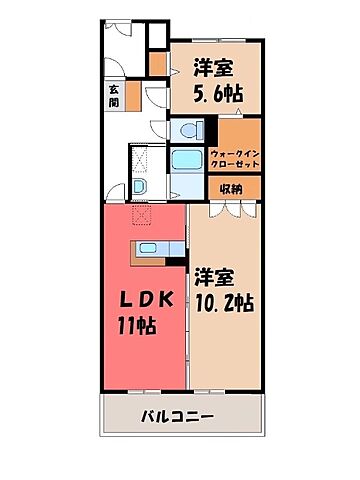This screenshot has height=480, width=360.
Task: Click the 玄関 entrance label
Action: click(114, 95)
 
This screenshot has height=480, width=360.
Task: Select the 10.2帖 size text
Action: click(223, 303)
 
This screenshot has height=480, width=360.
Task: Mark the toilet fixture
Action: click(184, 130)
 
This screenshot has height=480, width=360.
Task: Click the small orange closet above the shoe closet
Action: click(157, 63)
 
